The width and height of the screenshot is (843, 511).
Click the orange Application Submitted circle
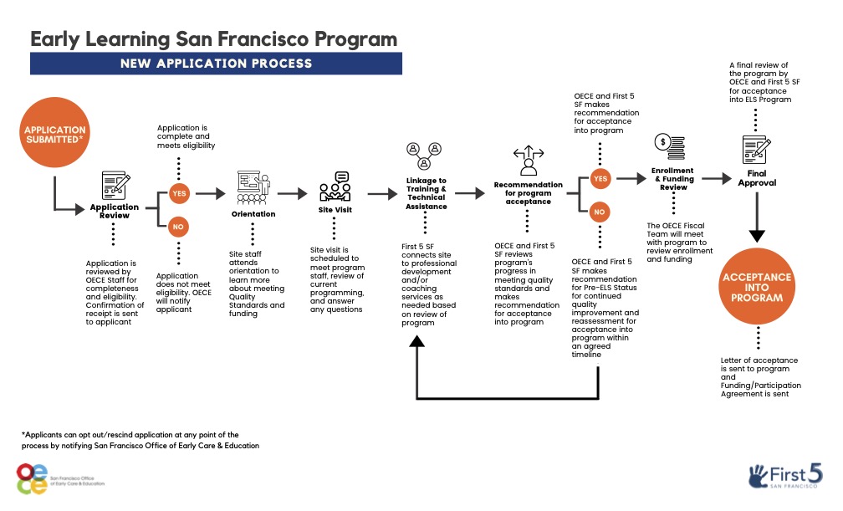tap(54, 135)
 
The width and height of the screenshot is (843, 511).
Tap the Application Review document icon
tap(115, 185)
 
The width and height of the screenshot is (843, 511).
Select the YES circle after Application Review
tap(179, 193)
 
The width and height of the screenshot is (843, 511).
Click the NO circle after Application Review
tap(179, 226)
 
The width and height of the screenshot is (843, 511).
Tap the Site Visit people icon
tap(335, 187)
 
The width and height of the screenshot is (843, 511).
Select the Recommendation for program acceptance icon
tap(528, 161)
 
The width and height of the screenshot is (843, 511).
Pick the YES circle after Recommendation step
tap(600, 178)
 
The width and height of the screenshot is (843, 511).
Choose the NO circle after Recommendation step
tap(600, 212)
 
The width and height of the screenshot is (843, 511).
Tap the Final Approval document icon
tap(756, 151)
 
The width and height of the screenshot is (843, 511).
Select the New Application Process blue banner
tap(216, 64)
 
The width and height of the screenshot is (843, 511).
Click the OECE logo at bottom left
tap(33, 478)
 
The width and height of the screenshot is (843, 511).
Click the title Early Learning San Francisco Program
tap(214, 38)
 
